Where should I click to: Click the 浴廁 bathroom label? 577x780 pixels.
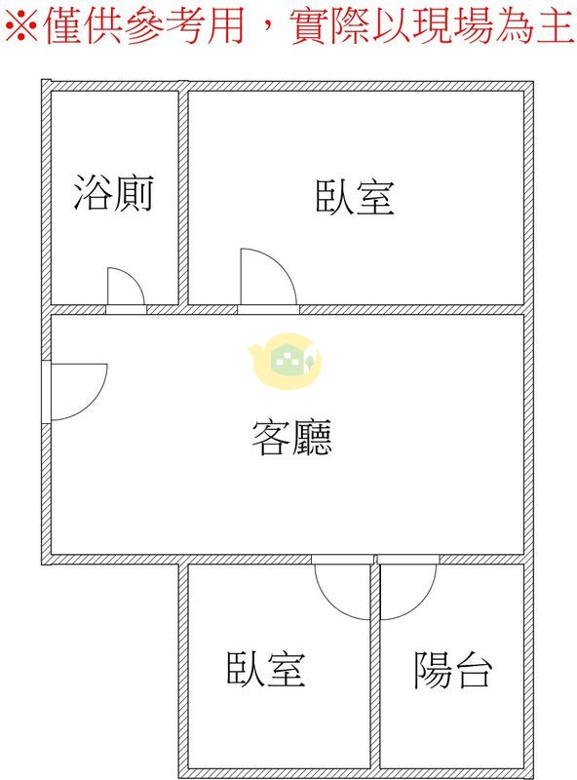[x=113, y=193]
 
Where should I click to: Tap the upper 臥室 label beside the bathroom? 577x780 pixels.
[x=355, y=198]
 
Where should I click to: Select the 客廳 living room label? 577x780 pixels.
[x=292, y=437]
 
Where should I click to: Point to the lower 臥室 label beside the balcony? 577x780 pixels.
[x=266, y=669]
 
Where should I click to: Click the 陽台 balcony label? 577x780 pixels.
[x=453, y=670]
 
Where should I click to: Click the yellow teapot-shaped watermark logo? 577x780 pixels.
[x=286, y=360]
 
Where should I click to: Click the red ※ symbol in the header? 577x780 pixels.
[x=20, y=25]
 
